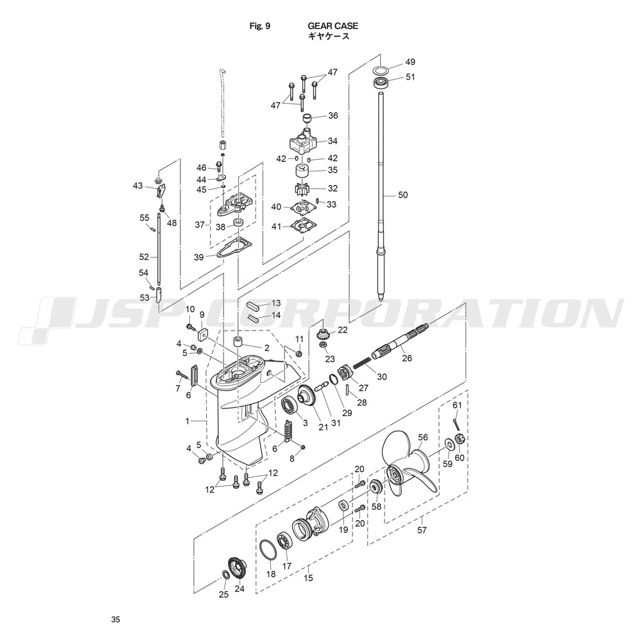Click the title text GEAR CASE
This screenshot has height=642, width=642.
tap(333, 26)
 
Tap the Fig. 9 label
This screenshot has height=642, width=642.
tap(260, 26)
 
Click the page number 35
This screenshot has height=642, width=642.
tap(116, 620)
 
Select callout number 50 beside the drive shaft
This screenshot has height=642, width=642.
tap(403, 195)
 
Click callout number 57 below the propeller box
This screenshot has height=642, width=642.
tap(422, 530)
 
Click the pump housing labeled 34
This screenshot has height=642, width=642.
tap(304, 142)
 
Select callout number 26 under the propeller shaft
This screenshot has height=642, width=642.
tap(406, 358)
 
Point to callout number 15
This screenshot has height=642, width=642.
tap(308, 578)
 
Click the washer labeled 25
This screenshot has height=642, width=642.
tap(225, 575)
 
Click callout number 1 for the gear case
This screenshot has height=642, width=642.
tap(187, 421)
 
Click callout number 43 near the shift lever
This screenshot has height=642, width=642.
tap(137, 186)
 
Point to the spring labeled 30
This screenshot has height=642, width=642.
tap(362, 363)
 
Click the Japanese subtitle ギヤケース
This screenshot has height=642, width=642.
tap(329, 36)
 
